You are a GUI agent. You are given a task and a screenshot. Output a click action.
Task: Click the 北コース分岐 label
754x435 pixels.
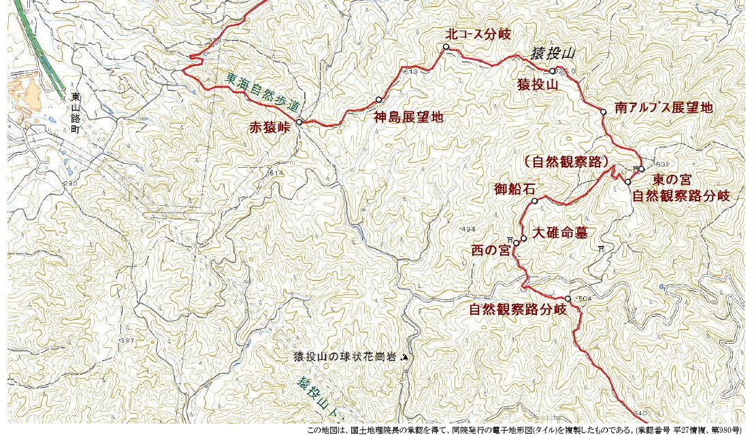478,33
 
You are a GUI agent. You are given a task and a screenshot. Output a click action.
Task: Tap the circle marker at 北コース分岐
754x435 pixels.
446,47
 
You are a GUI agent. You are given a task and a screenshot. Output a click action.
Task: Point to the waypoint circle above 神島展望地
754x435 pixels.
378,99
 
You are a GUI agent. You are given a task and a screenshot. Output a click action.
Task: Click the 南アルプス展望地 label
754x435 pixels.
663,107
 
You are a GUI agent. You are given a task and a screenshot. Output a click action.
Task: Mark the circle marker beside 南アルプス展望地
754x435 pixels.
603,111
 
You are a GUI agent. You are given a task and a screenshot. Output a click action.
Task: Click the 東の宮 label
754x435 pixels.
672,180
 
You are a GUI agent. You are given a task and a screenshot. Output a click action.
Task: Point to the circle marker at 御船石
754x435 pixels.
535,201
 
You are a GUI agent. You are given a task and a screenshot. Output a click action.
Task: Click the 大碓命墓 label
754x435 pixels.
559,232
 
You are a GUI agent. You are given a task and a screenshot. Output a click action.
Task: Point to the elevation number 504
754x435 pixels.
584,298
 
